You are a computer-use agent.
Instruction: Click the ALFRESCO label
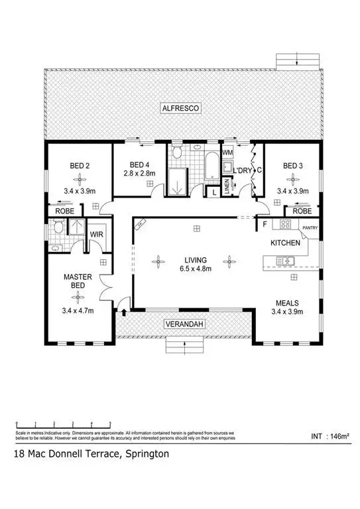[x=184, y=107]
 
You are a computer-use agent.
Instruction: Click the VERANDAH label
[x=184, y=323]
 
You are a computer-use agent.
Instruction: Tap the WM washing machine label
[x=227, y=153]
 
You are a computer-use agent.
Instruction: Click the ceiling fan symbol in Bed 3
[x=292, y=178]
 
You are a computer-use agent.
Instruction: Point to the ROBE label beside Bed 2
[x=64, y=211]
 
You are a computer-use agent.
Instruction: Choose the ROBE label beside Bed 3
[x=302, y=211]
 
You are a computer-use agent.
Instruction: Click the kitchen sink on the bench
[x=289, y=260]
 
